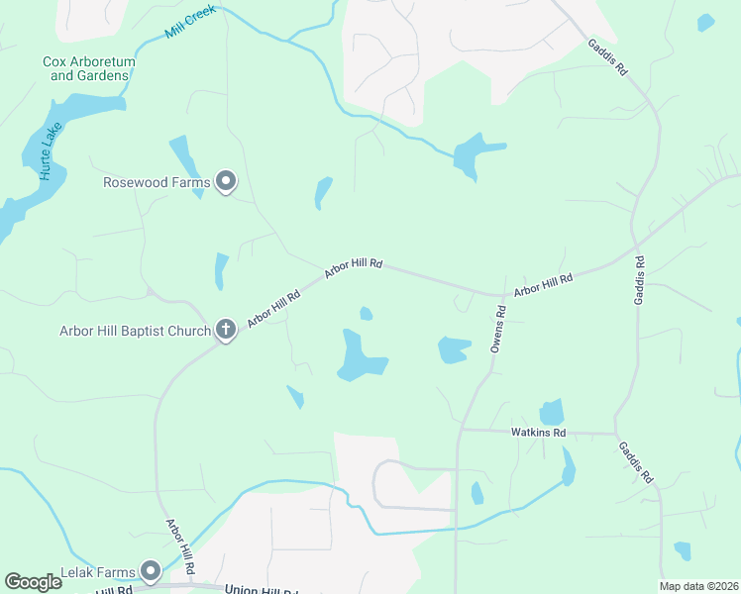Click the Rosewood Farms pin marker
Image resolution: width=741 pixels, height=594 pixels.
tap(227, 181)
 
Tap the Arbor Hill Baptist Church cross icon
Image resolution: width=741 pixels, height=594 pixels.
tap(226, 331)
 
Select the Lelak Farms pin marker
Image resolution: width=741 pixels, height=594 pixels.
tap(151, 570)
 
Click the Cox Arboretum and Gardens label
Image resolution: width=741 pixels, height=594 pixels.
tap(89, 68)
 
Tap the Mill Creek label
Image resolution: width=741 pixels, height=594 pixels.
tap(190, 25)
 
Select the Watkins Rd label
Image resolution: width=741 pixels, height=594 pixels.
tap(538, 433)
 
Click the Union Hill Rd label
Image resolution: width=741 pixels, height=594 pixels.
tap(262, 590)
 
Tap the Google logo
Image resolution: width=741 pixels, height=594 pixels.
tap(33, 582)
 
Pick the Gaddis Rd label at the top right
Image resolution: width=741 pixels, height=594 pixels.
tap(607, 58)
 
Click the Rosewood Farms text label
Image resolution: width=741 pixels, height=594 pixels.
tap(157, 182)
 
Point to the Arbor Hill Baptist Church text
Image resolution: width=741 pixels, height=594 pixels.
tap(135, 331)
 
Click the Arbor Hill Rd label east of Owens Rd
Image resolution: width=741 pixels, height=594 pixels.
tap(544, 286)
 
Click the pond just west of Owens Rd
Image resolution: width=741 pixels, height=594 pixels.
tap(454, 349)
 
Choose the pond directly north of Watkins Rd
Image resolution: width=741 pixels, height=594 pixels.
tap(551, 413)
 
